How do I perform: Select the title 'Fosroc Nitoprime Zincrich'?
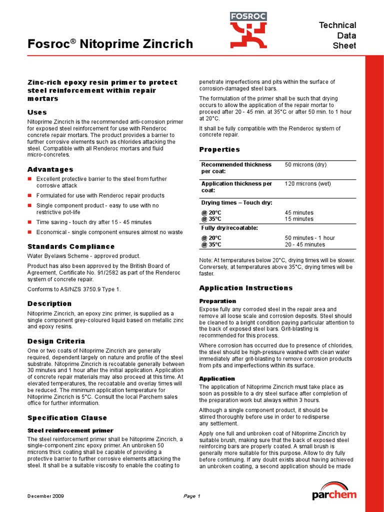[109, 44]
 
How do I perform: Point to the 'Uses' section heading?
[37, 112]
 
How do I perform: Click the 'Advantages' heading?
[50, 169]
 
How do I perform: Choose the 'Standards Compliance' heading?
[70, 246]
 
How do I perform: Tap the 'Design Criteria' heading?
[56, 341]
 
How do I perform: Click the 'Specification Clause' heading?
[67, 418]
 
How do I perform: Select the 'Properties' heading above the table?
[219, 149]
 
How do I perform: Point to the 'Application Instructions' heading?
[246, 288]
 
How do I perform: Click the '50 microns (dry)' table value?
[305, 164]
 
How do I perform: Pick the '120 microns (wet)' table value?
[307, 183]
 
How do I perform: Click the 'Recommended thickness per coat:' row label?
[236, 168]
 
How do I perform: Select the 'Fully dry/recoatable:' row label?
[229, 228]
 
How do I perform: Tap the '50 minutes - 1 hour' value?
[309, 238]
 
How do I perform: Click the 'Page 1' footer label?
[191, 496]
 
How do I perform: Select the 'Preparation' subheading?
[217, 301]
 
